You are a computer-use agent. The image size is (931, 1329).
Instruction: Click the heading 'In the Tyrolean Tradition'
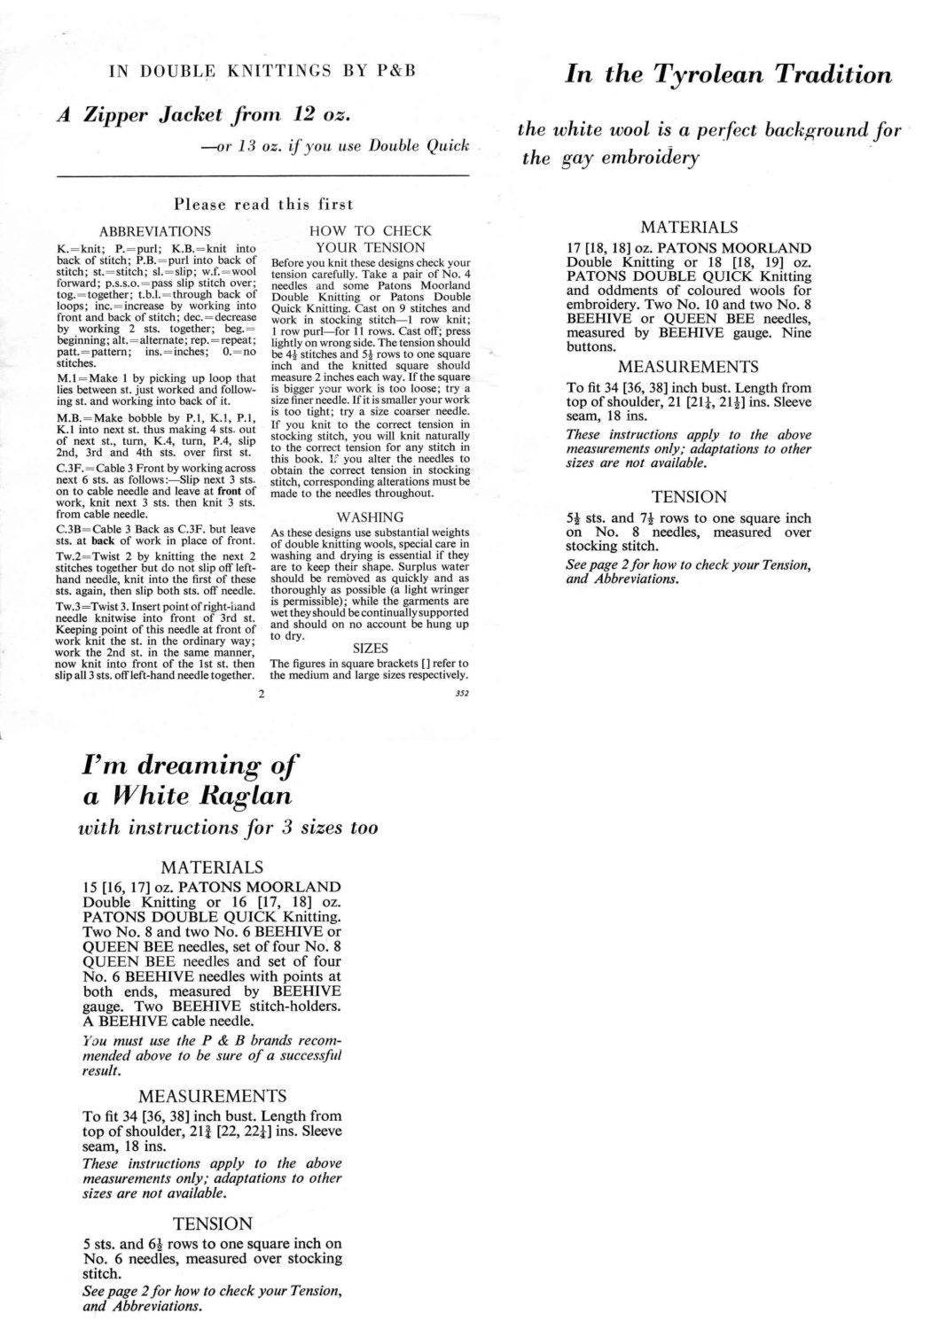(728, 74)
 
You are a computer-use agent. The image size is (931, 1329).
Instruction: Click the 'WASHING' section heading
(371, 517)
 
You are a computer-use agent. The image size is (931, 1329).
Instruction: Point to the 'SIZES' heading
(371, 649)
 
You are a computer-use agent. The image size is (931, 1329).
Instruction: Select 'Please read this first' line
(263, 205)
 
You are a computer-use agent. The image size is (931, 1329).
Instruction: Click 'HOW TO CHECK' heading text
(371, 231)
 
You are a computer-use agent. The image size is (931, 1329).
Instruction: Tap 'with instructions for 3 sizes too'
(229, 828)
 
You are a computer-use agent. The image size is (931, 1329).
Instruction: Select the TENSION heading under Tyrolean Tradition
(689, 497)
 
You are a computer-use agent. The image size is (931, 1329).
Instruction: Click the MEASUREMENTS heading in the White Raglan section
(212, 1096)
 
